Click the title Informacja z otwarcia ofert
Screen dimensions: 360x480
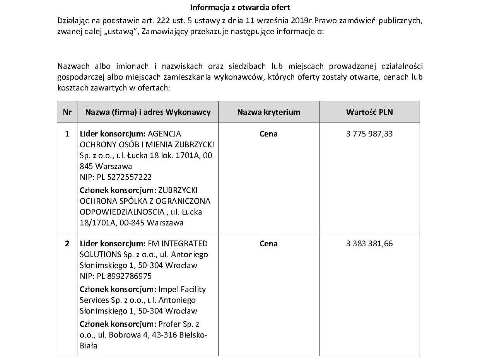[240, 7]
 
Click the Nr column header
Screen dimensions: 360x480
[67, 112]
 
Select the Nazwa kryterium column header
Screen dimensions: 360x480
[268, 112]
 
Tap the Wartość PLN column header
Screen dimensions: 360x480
[369, 112]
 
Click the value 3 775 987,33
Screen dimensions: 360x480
[369, 134]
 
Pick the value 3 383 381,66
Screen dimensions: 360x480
[369, 244]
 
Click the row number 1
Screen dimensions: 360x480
[67, 134]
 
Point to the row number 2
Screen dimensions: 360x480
[67, 244]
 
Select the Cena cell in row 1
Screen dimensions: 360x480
[268, 134]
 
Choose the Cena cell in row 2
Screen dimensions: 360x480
[268, 244]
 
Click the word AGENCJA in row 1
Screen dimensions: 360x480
[164, 134]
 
